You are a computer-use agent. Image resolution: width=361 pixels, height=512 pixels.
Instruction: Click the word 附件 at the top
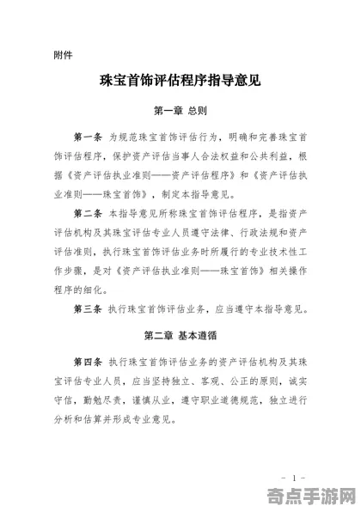63,56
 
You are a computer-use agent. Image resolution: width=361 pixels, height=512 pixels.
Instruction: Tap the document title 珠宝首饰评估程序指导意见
180,82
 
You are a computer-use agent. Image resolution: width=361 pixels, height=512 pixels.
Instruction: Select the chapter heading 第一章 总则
180,111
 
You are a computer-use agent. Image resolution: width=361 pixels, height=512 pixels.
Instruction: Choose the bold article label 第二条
88,212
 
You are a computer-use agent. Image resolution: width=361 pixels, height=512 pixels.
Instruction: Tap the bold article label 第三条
88,308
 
